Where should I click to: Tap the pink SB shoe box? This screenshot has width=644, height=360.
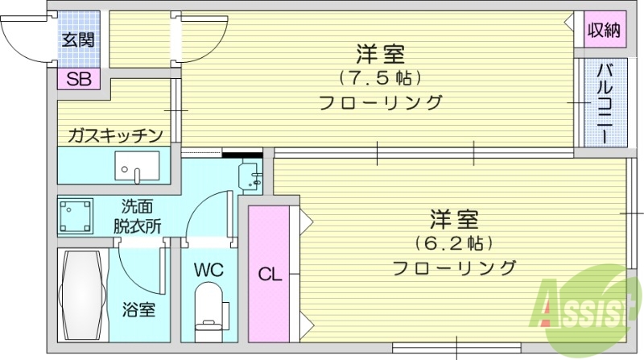pos(78,79)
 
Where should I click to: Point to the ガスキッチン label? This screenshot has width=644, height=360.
pos(116,134)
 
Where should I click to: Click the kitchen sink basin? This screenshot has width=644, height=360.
pos(133,171)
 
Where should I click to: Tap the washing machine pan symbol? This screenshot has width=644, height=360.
pos(75,216)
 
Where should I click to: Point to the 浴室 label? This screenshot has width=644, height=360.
pos(138,309)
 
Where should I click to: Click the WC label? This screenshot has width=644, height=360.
pos(208,269)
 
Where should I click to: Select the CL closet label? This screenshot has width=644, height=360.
pos(270,274)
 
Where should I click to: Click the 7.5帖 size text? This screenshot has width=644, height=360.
pos(379,79)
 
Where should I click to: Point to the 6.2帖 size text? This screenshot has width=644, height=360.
pos(454,242)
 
